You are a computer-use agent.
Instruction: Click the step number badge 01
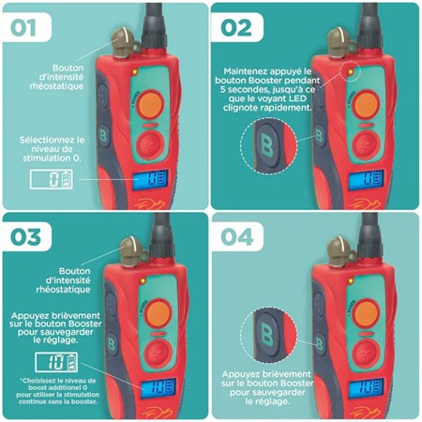click(x=27, y=26)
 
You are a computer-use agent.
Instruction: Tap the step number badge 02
click(x=240, y=26)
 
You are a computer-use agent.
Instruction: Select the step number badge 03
click(x=29, y=237)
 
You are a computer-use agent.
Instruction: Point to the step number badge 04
click(x=241, y=237)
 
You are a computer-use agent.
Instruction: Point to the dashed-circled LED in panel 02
click(x=348, y=69)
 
